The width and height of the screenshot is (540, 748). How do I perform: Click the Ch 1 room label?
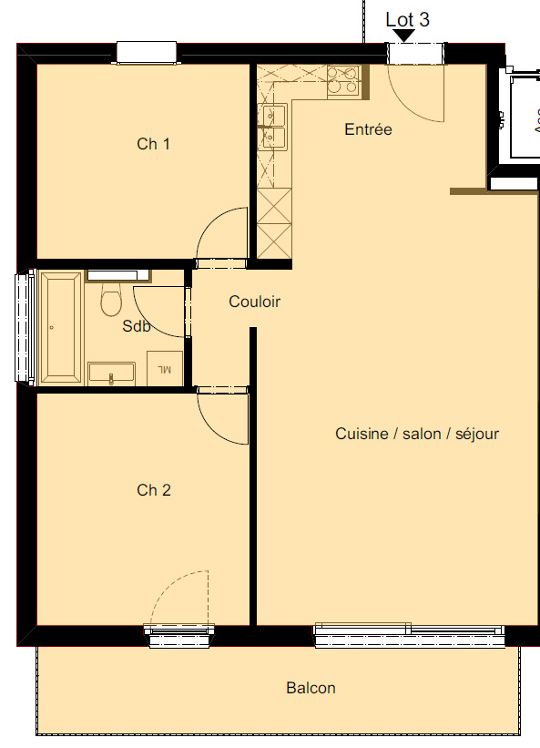[x=154, y=144]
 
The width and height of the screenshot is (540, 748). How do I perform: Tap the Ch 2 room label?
[x=154, y=490]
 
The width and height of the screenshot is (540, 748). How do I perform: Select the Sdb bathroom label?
[x=137, y=326]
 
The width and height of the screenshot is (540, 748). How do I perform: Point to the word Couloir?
[x=254, y=302]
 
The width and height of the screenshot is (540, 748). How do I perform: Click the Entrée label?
[x=368, y=130]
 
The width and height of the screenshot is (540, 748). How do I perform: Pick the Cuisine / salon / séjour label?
[x=417, y=434]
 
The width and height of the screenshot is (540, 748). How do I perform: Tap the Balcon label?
[x=311, y=688]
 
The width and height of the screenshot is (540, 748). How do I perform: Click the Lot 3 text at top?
[x=408, y=19]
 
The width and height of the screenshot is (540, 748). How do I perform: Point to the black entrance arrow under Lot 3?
[x=403, y=35]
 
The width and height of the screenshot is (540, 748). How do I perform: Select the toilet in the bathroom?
[x=111, y=300]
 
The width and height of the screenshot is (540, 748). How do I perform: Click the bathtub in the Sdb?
[x=60, y=327]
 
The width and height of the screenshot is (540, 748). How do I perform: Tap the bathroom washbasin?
[x=111, y=374]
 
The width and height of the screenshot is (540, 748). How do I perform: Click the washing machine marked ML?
[x=165, y=368]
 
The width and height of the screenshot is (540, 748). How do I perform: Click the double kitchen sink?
[x=273, y=125]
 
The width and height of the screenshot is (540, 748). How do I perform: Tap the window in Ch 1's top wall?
[x=146, y=53]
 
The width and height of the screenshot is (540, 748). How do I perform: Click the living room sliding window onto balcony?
[x=410, y=634]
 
